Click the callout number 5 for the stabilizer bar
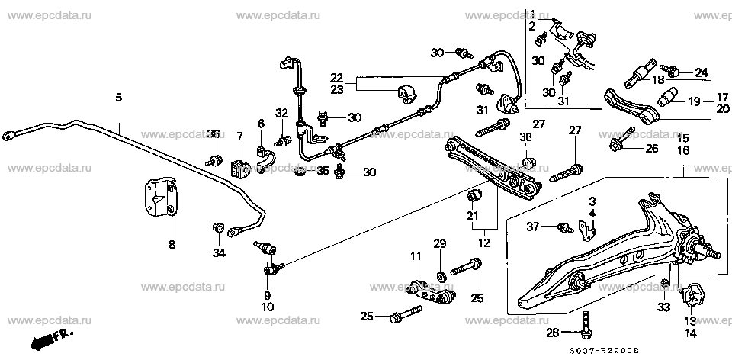tap(119, 98)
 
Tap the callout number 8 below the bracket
tap(172, 244)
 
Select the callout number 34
tap(219, 253)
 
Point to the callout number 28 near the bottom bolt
tap(554, 333)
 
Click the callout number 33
tap(664, 307)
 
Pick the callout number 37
tap(533, 227)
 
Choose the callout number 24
tap(701, 72)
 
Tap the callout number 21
tap(473, 215)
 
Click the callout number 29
tap(440, 244)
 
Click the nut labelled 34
tap(217, 228)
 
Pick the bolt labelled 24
tap(670, 71)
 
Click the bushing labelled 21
tap(474, 194)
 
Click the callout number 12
tap(484, 243)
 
